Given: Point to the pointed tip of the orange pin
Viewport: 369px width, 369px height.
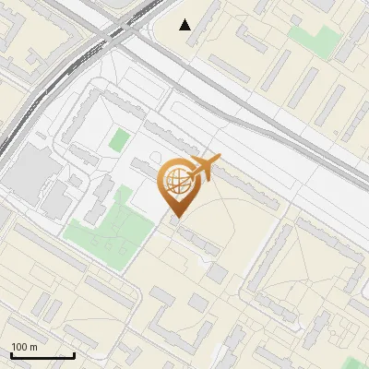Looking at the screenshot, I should click(x=175, y=219).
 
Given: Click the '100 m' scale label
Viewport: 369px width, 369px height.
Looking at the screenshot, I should click(x=24, y=346).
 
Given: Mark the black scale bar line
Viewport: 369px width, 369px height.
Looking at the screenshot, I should click(x=42, y=355).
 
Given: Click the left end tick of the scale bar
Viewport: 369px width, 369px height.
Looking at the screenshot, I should click(x=10, y=353).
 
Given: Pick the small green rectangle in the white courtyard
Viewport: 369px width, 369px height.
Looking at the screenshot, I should click(x=119, y=141).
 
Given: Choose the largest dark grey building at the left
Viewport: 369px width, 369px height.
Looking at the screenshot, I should click(x=31, y=172).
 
